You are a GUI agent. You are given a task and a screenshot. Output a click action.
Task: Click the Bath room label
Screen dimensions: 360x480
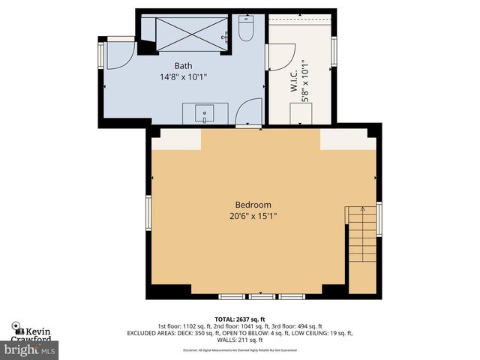pyautogui.click(x=183, y=65)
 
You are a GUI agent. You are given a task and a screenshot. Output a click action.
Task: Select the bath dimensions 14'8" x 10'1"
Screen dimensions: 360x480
pyautogui.click(x=183, y=76)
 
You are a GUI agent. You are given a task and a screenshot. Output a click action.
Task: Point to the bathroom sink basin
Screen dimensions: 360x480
pyautogui.click(x=204, y=114)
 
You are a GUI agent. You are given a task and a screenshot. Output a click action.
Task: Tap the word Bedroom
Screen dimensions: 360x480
pyautogui.click(x=253, y=205)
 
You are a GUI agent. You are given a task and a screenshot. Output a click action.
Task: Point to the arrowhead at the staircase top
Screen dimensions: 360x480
pyautogui.click(x=363, y=208)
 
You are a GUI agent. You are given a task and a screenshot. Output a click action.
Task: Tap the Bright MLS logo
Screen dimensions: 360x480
pyautogui.click(x=30, y=349)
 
